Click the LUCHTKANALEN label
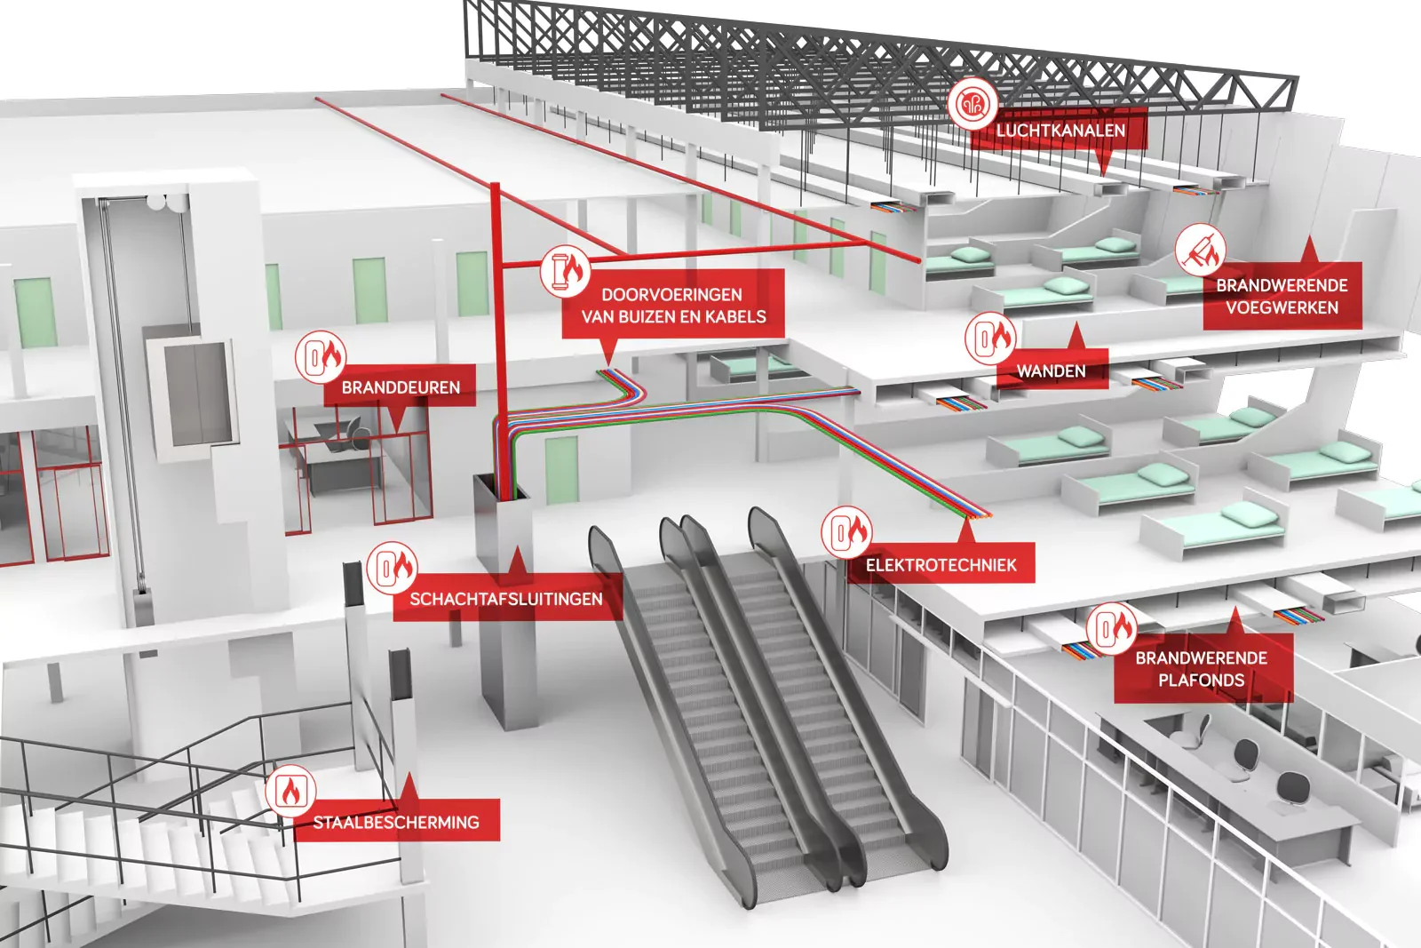(1060, 131)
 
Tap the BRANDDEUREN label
(401, 387)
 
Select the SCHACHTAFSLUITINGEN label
(506, 599)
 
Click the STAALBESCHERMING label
(396, 823)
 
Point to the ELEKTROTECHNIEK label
(941, 564)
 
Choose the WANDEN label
(1051, 371)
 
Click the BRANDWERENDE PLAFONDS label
(1202, 669)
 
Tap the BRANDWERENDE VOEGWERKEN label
(1282, 297)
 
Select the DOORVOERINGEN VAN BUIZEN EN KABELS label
(673, 306)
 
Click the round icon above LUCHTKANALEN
(972, 104)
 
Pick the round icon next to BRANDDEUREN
(321, 357)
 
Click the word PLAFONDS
(1202, 681)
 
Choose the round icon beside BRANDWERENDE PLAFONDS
(1111, 628)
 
